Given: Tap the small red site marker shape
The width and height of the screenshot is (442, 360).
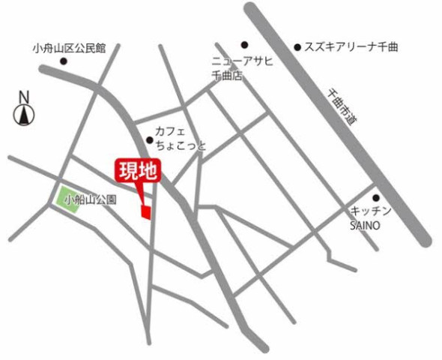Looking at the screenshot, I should tap(145, 211).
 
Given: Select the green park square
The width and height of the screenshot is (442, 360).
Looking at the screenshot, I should tap(68, 199).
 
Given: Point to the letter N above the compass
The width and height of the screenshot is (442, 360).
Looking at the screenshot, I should tap(23, 97).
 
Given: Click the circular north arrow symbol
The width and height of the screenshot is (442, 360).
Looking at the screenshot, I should tap(24, 115).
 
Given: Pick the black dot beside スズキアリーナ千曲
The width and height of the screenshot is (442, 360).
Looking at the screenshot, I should tap(297, 46).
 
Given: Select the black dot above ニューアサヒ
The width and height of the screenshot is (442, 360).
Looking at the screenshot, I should tap(243, 44).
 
